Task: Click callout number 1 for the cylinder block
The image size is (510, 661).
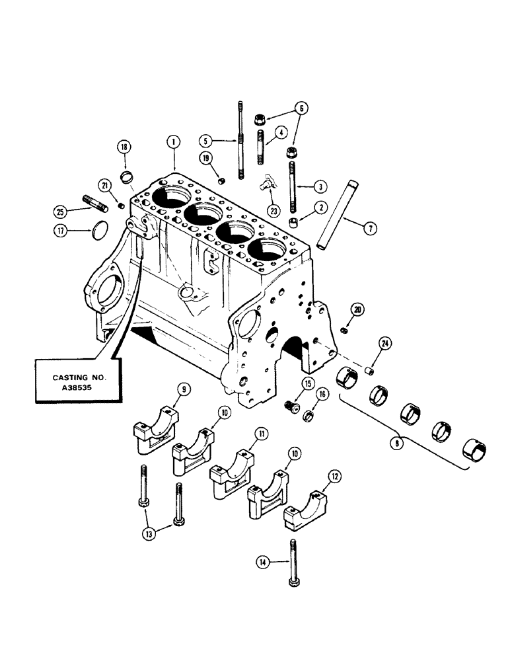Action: click(173, 141)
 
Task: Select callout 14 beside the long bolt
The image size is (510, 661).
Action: click(263, 563)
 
